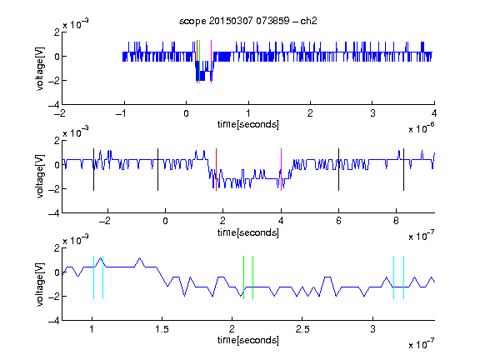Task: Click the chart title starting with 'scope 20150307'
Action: (x=248, y=21)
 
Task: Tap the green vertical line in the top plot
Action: (x=200, y=62)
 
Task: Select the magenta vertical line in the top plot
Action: (x=211, y=62)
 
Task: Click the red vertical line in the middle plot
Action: (x=216, y=170)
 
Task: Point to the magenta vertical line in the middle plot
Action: (x=281, y=170)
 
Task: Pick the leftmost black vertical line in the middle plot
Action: (x=93, y=170)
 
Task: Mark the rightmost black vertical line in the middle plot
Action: (x=403, y=170)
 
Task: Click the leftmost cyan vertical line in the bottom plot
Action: (x=93, y=277)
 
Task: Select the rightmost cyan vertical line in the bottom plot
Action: (x=403, y=277)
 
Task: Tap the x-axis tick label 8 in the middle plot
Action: (x=396, y=221)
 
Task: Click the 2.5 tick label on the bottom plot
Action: (x=302, y=329)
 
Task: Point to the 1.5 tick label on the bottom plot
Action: (x=162, y=329)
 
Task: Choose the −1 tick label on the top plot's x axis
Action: (x=121, y=113)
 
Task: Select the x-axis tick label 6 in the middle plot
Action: (x=338, y=221)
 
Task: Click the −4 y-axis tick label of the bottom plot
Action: (x=54, y=321)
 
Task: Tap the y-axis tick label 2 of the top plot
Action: (x=57, y=32)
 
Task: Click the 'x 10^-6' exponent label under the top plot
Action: (x=422, y=128)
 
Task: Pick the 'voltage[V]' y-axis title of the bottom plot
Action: (x=40, y=284)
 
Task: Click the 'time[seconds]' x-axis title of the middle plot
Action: (x=248, y=232)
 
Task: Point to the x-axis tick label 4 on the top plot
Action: (x=434, y=113)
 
